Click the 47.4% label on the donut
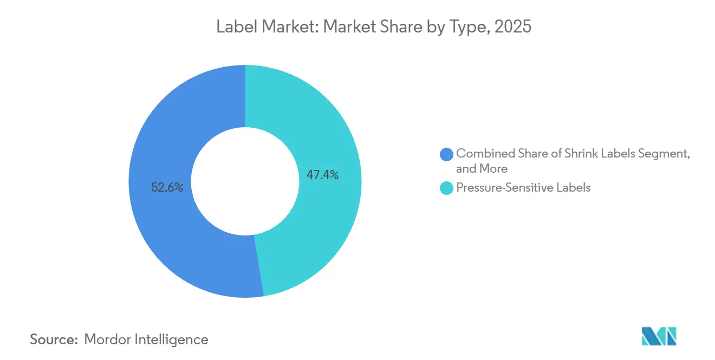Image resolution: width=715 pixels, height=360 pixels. [323, 175]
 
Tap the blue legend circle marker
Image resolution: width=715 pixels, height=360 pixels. [447, 154]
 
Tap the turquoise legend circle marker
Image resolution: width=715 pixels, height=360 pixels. [447, 188]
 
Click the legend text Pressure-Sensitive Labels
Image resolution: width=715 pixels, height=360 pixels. [523, 188]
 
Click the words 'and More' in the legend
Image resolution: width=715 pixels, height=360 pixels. [482, 168]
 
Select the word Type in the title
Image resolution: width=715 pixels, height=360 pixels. [464, 27]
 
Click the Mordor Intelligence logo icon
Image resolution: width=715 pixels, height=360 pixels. [659, 336]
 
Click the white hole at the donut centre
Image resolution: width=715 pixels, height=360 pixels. [245, 181]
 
